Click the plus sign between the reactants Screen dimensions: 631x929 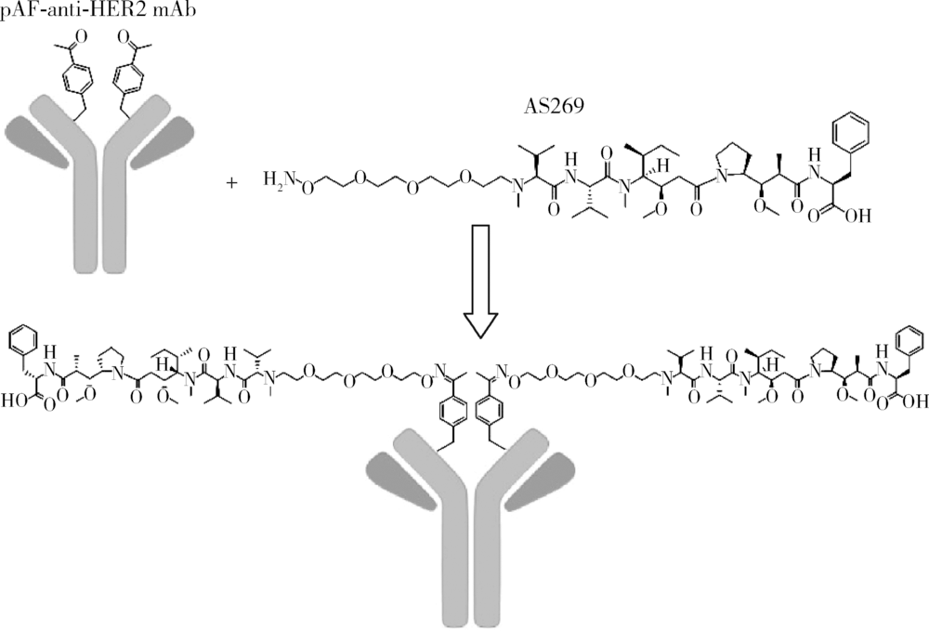coord(231,182)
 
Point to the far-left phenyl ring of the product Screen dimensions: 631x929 coord(24,344)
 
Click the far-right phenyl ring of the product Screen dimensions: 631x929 coord(907,342)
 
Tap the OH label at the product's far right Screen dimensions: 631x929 coord(913,404)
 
